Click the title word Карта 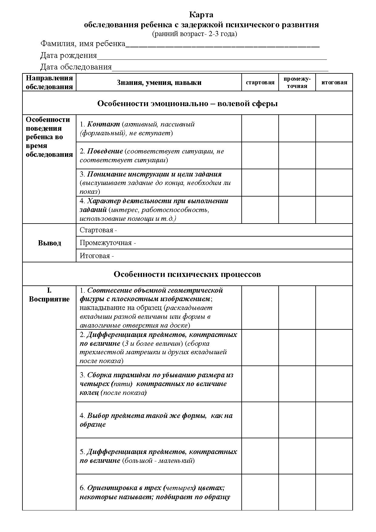point(201,15)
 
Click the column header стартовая point(260,82)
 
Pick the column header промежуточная point(297,82)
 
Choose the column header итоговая point(334,82)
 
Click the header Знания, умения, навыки point(159,82)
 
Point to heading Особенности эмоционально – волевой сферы point(187,103)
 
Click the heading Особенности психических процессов point(187,274)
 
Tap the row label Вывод point(49,243)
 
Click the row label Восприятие point(49,299)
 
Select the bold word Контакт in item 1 point(103,124)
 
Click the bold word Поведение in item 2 point(105,151)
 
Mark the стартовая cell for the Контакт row point(260,128)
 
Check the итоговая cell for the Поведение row point(334,156)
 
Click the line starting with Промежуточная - point(108,243)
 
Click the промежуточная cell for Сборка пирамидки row point(297,384)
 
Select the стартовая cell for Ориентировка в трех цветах point(260,492)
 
